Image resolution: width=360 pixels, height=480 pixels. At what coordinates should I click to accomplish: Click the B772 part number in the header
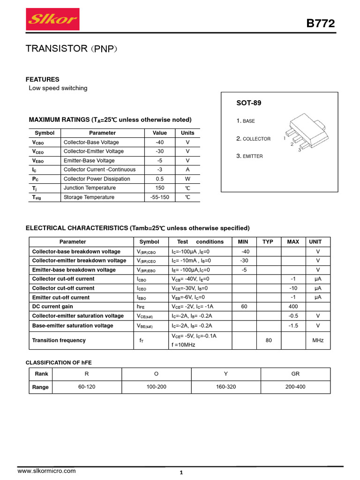321,24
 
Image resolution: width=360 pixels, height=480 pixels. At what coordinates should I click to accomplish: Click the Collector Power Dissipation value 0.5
160,179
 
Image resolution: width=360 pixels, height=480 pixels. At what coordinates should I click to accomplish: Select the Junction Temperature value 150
160,188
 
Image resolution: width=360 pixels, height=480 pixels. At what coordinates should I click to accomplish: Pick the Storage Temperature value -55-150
160,197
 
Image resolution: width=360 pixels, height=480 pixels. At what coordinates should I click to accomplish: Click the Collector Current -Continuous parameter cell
99,170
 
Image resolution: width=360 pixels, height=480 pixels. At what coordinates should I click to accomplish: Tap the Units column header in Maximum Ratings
187,133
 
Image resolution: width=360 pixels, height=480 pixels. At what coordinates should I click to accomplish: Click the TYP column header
268,242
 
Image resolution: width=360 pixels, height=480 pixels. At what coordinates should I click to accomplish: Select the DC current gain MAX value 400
293,307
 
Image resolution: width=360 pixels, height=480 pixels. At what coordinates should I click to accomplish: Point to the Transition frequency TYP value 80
269,340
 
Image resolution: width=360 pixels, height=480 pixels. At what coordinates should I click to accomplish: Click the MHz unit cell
318,340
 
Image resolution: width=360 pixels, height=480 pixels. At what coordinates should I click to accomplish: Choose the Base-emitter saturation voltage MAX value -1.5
293,326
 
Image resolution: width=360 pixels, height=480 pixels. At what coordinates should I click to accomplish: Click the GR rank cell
295,374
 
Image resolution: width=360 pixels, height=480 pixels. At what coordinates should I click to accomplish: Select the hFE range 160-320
225,387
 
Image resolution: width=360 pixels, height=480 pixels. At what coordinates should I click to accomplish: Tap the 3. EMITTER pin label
249,156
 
